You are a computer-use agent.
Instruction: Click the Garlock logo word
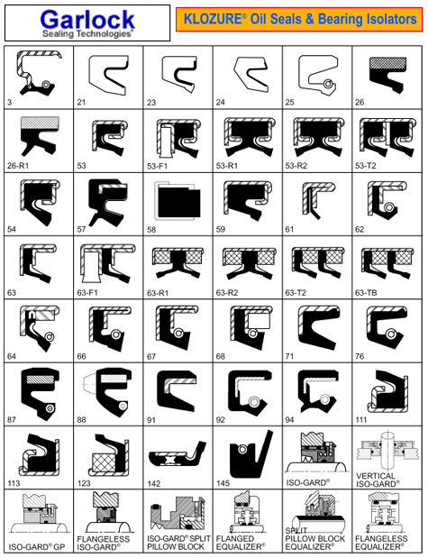point(87,19)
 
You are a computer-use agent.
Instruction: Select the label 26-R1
point(18,166)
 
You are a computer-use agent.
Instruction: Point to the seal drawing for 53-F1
point(179,139)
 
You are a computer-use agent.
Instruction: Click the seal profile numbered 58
point(178,200)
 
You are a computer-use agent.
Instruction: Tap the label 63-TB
point(366,293)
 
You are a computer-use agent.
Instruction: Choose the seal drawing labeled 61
point(318,200)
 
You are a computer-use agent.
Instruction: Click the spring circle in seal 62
point(389,207)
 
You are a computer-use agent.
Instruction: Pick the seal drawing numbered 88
point(107,394)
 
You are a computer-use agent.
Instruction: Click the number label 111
point(360,420)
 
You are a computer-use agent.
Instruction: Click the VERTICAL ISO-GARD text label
point(378,480)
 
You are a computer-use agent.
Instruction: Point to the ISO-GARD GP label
point(37,547)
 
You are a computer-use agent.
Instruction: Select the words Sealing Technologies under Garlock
point(87,34)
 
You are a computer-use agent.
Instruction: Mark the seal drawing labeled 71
point(318,327)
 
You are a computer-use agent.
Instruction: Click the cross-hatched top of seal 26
point(388,62)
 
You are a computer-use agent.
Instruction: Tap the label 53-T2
point(366,166)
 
